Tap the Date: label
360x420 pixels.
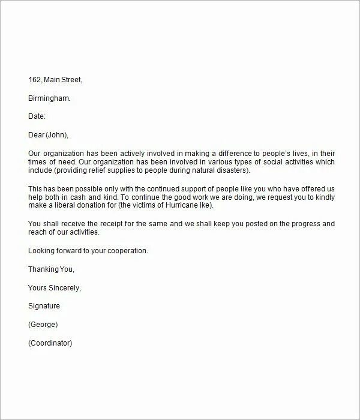click(x=37, y=116)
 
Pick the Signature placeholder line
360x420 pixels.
click(x=44, y=306)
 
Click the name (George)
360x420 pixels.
click(x=43, y=325)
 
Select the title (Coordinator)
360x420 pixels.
click(x=50, y=343)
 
